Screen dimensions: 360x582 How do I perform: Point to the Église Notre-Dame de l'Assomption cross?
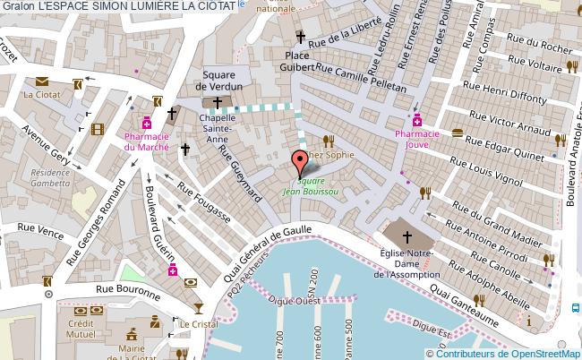tap(407, 237)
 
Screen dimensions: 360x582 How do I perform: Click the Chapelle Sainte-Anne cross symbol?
tap(218, 104)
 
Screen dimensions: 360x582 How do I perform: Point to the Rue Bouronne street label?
tap(128, 291)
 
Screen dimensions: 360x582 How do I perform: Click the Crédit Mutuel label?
tap(81, 327)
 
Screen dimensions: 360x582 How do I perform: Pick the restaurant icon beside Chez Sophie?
tap(329, 141)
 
